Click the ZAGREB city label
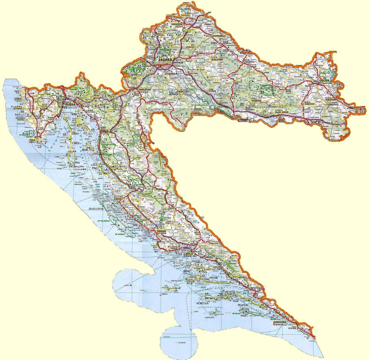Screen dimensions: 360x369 (x=165, y=60)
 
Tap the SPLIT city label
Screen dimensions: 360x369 (x=190, y=254)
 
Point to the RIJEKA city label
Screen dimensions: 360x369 (x=70, y=104)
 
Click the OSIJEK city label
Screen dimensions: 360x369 (x=324, y=80)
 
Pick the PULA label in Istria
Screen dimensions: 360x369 (x=32, y=140)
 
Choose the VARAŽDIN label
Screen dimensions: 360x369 (x=177, y=24)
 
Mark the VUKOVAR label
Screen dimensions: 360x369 (x=331, y=100)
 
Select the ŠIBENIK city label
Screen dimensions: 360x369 (x=161, y=231)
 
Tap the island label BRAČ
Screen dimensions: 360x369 (x=187, y=271)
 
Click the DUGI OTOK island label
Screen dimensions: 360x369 (x=96, y=209)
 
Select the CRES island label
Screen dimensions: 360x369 (x=76, y=143)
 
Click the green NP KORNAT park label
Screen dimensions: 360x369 (x=120, y=234)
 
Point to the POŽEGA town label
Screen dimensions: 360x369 (x=256, y=101)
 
